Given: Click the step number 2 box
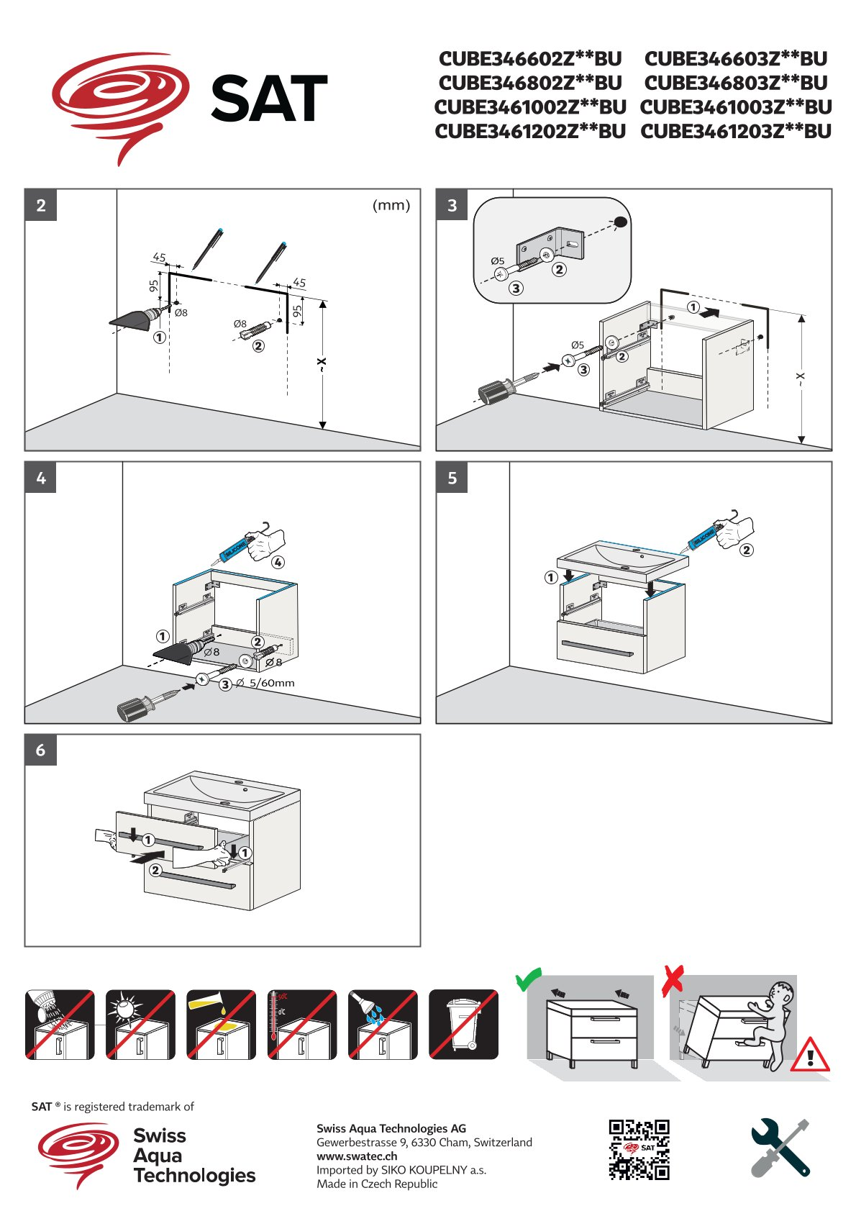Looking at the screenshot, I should (x=41, y=205).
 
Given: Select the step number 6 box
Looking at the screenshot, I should (x=41, y=750).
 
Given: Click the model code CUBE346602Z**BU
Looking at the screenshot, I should (x=530, y=58).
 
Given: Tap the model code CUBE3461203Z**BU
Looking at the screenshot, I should (x=736, y=132).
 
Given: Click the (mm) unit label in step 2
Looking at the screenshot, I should (x=391, y=206).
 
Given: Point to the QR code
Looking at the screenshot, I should (x=639, y=1149).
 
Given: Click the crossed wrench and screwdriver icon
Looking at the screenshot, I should (x=780, y=1148).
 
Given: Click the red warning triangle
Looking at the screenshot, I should (x=810, y=1056).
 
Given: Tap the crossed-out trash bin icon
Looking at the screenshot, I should (x=463, y=1024).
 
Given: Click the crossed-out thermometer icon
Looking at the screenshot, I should (x=301, y=1024).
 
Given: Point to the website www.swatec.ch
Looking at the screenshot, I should (x=357, y=1156).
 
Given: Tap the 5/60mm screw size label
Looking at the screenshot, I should (x=271, y=683).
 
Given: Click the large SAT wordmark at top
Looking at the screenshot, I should (x=270, y=99).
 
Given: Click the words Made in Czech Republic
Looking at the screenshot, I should (x=377, y=1184).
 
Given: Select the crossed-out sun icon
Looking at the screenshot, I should (x=140, y=1024).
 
